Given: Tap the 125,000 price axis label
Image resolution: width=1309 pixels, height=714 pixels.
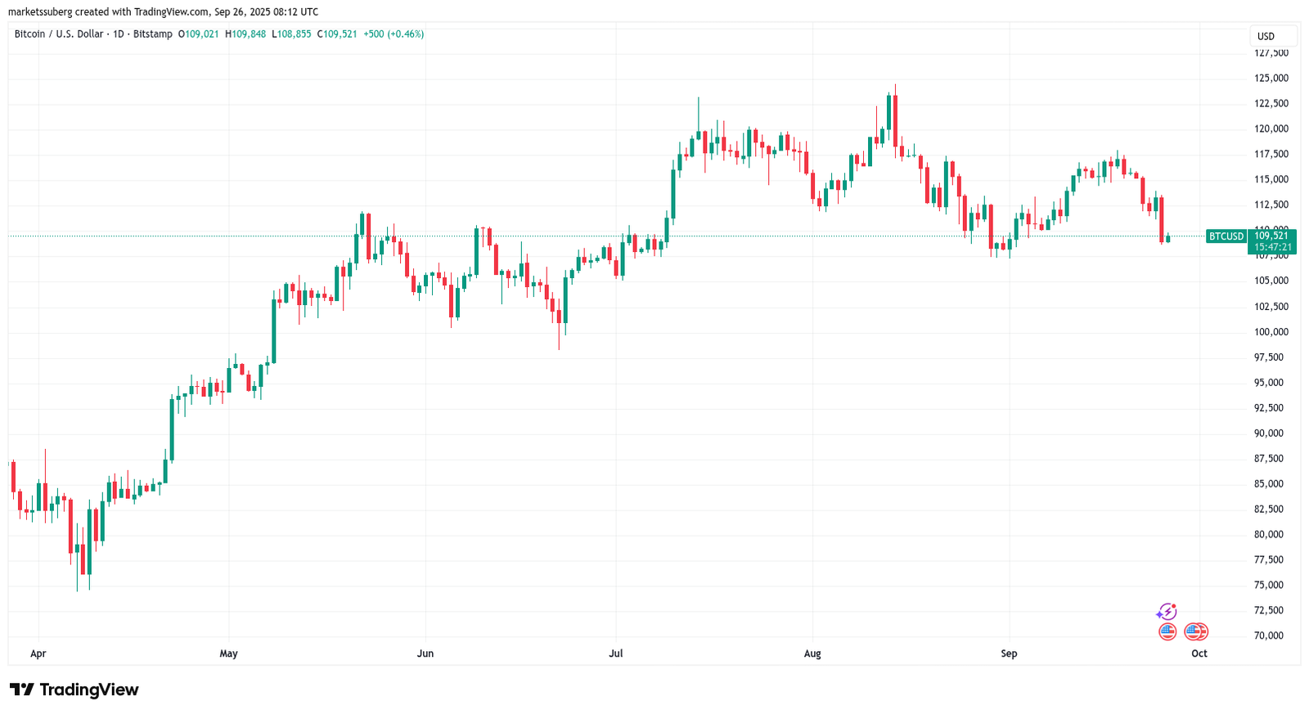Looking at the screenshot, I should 1271,79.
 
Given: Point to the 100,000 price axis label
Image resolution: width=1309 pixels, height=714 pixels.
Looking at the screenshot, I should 1271,332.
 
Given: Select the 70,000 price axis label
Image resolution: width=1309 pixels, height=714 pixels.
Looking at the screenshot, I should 1268,635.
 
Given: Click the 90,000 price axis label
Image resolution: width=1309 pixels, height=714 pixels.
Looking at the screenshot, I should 1268,433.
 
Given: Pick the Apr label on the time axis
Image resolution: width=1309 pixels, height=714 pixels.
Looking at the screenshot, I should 38,653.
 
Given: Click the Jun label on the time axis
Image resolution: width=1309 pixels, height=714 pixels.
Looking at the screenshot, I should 425,653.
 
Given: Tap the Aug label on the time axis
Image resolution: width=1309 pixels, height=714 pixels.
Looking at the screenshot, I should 812,653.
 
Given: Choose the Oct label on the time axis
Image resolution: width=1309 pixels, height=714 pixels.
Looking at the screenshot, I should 1199,653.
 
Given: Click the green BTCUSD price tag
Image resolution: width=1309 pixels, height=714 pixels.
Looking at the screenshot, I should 1226,236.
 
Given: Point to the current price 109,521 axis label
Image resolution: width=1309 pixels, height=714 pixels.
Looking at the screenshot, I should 1271,236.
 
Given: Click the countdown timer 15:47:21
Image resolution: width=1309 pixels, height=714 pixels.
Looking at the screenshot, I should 1273,247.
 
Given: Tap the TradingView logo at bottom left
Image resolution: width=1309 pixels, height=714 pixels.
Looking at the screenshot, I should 74,689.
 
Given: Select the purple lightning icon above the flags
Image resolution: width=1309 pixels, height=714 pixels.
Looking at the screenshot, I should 1167,612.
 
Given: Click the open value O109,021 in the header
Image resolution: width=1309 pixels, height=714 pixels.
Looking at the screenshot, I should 198,34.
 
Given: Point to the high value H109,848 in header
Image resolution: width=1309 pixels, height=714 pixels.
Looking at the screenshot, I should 245,34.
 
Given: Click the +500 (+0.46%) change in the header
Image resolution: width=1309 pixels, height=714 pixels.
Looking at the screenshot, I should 394,34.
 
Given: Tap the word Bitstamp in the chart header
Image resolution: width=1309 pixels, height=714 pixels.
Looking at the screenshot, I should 153,34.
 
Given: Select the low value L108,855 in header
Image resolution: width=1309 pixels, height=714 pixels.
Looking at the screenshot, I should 291,34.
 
